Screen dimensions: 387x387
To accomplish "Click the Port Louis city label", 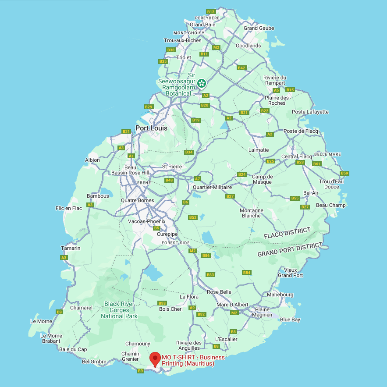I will [151, 128].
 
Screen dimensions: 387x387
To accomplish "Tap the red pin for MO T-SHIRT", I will [155, 359].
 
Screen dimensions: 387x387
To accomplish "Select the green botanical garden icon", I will [201, 83].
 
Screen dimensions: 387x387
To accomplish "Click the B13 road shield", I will [211, 12].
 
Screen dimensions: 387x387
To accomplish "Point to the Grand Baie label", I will [202, 25].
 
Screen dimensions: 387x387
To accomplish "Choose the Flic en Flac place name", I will [69, 208].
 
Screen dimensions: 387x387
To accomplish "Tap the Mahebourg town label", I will [280, 295].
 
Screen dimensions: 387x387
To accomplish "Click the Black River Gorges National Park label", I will [119, 310].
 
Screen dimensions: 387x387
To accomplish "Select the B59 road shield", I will [344, 173].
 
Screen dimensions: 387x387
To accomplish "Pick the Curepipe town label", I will [167, 234].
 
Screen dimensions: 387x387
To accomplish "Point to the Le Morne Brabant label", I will [51, 338].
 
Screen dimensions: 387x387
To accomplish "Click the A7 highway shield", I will [197, 178].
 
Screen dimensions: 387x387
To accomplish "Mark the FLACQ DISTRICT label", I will [287, 233].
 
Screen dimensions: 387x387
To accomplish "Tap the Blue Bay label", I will [290, 320].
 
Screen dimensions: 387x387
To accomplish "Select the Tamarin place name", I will [71, 248].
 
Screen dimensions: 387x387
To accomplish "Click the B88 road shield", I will [162, 303].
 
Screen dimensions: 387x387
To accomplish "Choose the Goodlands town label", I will [248, 46].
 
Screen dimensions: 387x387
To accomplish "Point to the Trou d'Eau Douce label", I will [331, 184].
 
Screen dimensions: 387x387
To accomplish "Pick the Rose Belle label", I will [219, 292].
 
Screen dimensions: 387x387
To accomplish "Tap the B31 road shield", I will [126, 131].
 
